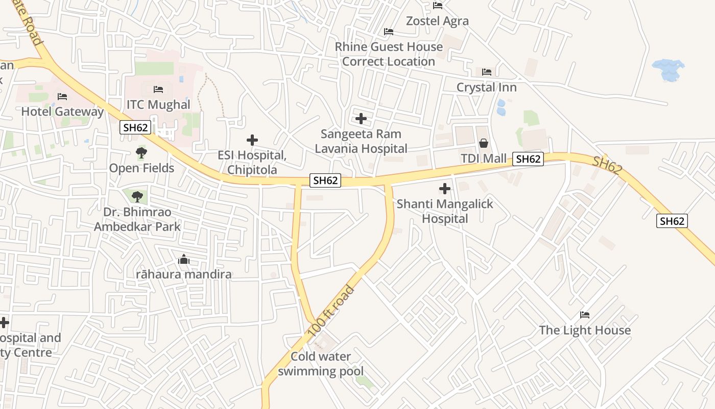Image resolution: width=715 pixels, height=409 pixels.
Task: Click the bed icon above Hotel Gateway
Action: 62,96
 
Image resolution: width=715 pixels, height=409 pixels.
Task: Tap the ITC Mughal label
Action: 158,105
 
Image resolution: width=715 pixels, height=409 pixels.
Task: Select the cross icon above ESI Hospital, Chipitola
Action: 252,140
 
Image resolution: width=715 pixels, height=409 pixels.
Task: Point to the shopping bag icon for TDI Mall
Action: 483,144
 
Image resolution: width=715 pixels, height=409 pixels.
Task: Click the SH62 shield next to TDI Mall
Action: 528,159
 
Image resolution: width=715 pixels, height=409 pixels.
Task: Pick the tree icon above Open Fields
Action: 141,152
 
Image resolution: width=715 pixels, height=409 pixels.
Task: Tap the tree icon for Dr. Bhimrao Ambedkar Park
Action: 137,196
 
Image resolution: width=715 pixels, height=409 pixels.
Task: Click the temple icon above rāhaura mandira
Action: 184,260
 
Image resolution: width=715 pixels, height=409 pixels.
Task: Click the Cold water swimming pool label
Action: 321,364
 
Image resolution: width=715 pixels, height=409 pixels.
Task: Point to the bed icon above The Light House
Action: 585,314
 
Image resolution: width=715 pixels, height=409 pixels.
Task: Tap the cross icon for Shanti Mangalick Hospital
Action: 445,189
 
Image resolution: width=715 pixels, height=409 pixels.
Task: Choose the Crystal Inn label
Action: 486,87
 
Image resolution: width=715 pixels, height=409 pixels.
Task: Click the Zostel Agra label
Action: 437,21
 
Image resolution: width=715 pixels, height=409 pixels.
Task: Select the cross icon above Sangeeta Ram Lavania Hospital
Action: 361,119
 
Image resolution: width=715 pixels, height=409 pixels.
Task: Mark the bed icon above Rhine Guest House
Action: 389,32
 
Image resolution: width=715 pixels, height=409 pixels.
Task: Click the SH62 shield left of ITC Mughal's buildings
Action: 135,127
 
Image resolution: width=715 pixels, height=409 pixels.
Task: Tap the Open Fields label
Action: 141,168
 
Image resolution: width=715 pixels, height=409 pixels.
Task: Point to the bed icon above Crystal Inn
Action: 487,72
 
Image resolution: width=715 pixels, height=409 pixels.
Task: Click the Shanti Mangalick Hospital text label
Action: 445,211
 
